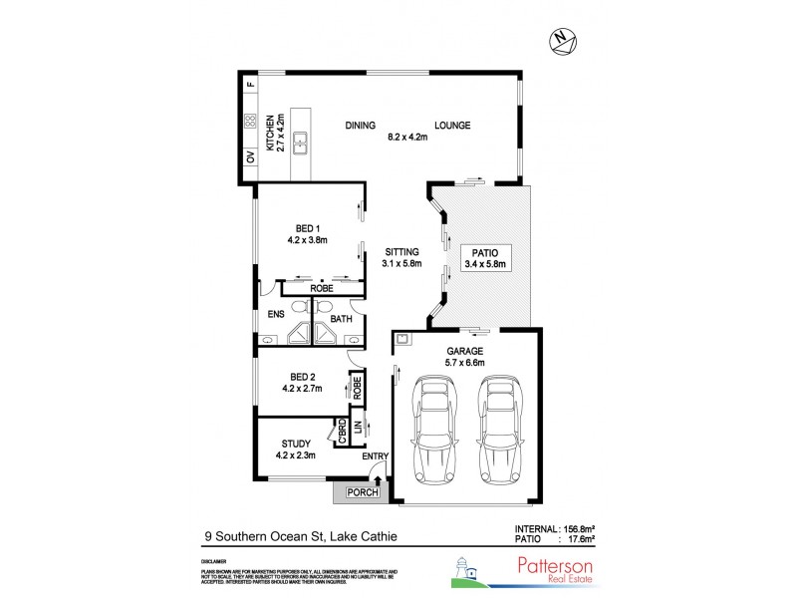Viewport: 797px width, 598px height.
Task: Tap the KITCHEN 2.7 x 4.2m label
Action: click(x=272, y=138)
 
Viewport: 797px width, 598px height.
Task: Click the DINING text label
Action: click(x=361, y=126)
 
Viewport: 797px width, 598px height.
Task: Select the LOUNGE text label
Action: click(x=451, y=126)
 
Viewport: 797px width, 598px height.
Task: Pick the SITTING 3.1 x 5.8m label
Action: click(x=401, y=258)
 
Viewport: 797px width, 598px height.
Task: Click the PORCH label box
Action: click(x=358, y=493)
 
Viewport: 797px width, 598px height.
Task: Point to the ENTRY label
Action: click(x=375, y=456)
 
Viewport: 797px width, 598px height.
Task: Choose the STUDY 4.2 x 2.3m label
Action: click(x=297, y=449)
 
